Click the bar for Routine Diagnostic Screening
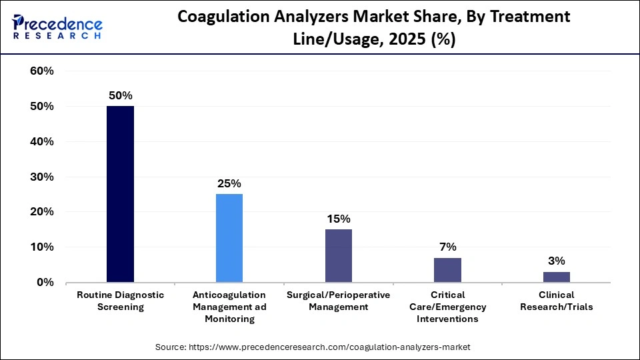120,194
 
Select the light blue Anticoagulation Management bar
229,238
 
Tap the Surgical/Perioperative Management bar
338,255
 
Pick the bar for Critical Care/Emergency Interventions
447,269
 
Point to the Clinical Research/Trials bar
556,277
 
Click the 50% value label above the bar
121,95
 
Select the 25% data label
229,183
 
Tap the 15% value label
338,219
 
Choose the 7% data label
447,247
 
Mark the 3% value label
556,261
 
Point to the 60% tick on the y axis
41,71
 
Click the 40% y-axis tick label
41,142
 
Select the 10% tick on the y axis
41,247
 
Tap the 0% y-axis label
45,283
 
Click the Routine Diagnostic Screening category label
121,301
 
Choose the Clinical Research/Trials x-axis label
556,301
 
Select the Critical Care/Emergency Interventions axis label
447,307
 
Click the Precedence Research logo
57,27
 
